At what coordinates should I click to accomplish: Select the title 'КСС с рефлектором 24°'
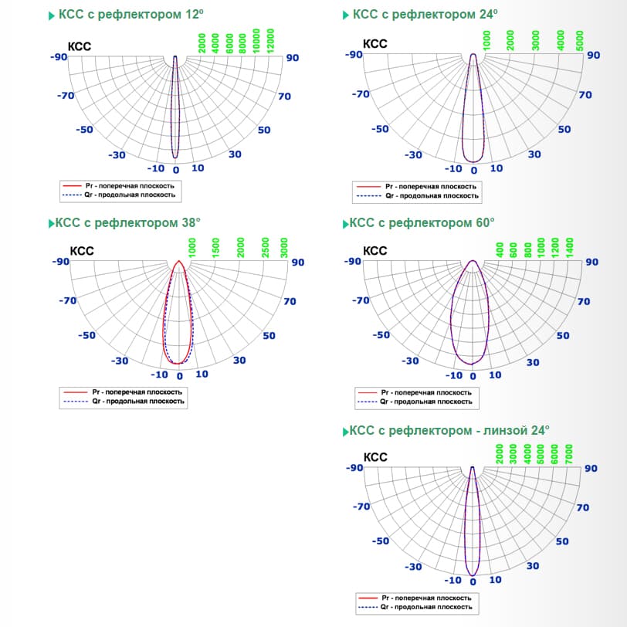pyautogui.click(x=425, y=14)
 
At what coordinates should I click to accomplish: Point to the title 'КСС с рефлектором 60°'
pyautogui.click(x=422, y=223)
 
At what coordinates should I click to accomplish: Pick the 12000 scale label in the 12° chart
pyautogui.click(x=270, y=40)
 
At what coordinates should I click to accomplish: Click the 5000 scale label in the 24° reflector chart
pyautogui.click(x=580, y=40)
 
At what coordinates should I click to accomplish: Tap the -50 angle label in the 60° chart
pyautogui.click(x=381, y=335)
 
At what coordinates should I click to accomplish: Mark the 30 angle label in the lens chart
pyautogui.click(x=533, y=566)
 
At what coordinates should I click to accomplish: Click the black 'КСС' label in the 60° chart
pyautogui.click(x=375, y=251)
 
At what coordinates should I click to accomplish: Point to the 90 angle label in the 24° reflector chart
pyautogui.click(x=593, y=55)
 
